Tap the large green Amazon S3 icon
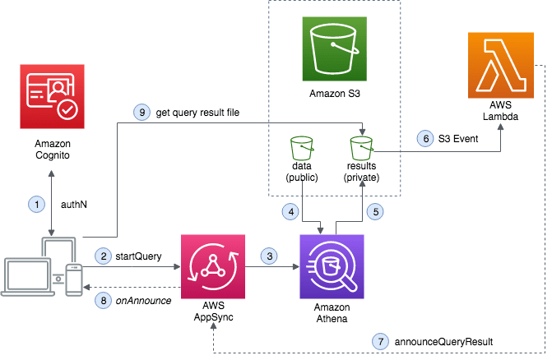[x=333, y=49]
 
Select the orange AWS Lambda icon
[x=499, y=65]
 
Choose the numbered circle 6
[x=425, y=139]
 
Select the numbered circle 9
[x=141, y=112]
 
